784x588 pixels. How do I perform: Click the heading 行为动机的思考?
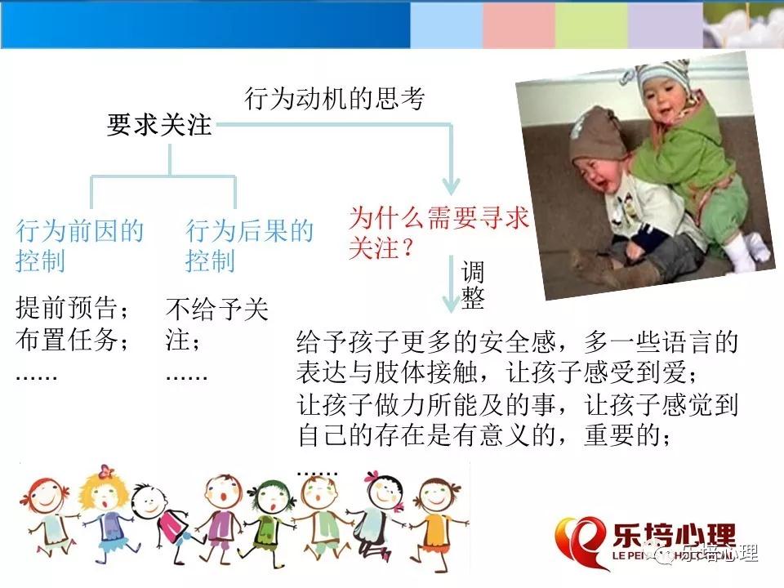click(335, 98)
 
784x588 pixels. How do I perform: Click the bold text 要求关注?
click(159, 124)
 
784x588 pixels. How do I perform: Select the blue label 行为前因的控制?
click(80, 246)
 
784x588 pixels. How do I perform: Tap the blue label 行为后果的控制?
click(250, 246)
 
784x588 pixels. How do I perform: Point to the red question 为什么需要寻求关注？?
click(439, 233)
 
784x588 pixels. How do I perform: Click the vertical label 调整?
click(473, 285)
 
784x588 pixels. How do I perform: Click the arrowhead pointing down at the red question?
click(451, 187)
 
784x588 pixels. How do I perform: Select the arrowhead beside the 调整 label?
click(451, 304)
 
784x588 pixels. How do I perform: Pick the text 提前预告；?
click(73, 308)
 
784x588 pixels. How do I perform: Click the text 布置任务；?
click(73, 340)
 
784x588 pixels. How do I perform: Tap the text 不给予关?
click(217, 309)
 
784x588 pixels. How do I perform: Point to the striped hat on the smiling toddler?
click(663, 79)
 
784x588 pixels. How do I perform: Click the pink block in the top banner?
click(519, 25)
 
